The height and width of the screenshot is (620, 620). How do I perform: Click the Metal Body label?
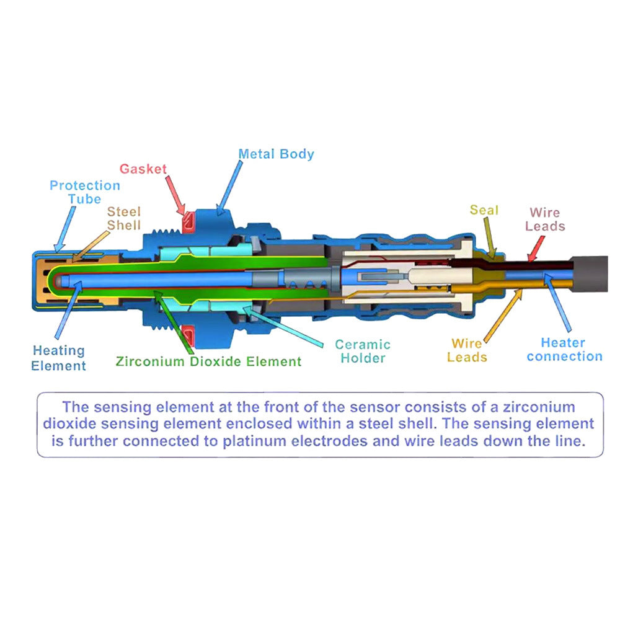pos(276,154)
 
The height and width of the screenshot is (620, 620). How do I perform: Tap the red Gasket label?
pos(143,169)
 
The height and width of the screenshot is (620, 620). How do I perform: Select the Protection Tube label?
pos(84,192)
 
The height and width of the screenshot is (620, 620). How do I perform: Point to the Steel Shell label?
pos(124,218)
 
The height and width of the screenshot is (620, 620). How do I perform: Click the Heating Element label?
pos(58,358)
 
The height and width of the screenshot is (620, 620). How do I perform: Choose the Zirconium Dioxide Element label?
pos(208,361)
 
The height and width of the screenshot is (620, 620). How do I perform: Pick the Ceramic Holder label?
pos(363,351)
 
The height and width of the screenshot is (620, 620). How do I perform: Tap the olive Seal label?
pos(484,210)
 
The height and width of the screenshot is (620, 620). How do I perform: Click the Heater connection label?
pos(564,349)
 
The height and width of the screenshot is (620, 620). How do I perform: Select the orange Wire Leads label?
pos(467,350)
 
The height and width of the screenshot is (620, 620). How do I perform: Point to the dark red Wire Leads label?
pos(545,219)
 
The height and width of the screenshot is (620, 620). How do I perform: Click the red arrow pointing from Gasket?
pos(175,196)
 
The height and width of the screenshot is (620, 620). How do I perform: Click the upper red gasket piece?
pos(188,221)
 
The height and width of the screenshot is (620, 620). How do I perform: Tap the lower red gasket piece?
pos(188,336)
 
